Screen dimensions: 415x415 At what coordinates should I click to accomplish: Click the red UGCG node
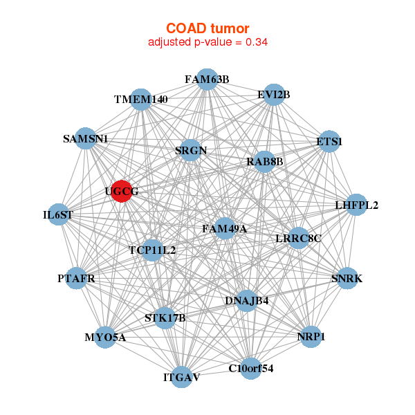pyautogui.click(x=122, y=192)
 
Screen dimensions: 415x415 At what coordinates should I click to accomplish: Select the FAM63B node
pyautogui.click(x=206, y=79)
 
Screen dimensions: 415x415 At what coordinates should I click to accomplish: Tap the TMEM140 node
pyautogui.click(x=140, y=100)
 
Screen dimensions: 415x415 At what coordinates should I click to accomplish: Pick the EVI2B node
pyautogui.click(x=273, y=95)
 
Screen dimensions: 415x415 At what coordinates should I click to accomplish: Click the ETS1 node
pyautogui.click(x=329, y=142)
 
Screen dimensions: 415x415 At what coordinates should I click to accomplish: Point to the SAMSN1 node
pyautogui.click(x=85, y=138)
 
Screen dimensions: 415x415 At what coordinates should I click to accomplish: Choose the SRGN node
pyautogui.click(x=190, y=150)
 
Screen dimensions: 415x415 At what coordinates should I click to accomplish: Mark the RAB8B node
pyautogui.click(x=265, y=162)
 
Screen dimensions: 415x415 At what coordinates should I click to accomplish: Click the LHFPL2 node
pyautogui.click(x=356, y=205)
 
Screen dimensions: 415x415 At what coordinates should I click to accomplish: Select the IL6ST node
pyautogui.click(x=58, y=214)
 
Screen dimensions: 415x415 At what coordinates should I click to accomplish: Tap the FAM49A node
pyautogui.click(x=224, y=228)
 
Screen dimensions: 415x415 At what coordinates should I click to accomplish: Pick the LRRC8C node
pyautogui.click(x=298, y=238)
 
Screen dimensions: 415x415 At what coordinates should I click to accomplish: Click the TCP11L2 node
pyautogui.click(x=152, y=250)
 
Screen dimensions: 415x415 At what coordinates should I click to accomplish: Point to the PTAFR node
pyautogui.click(x=76, y=279)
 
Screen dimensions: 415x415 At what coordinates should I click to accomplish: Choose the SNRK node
pyautogui.click(x=347, y=279)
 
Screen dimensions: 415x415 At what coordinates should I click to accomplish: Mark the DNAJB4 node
pyautogui.click(x=246, y=301)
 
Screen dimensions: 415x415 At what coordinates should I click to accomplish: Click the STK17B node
pyautogui.click(x=165, y=317)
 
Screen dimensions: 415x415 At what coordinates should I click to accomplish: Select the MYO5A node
pyautogui.click(x=105, y=338)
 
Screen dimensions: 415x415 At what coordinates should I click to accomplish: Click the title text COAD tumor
pyautogui.click(x=207, y=28)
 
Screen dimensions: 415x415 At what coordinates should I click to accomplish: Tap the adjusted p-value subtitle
pyautogui.click(x=207, y=42)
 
